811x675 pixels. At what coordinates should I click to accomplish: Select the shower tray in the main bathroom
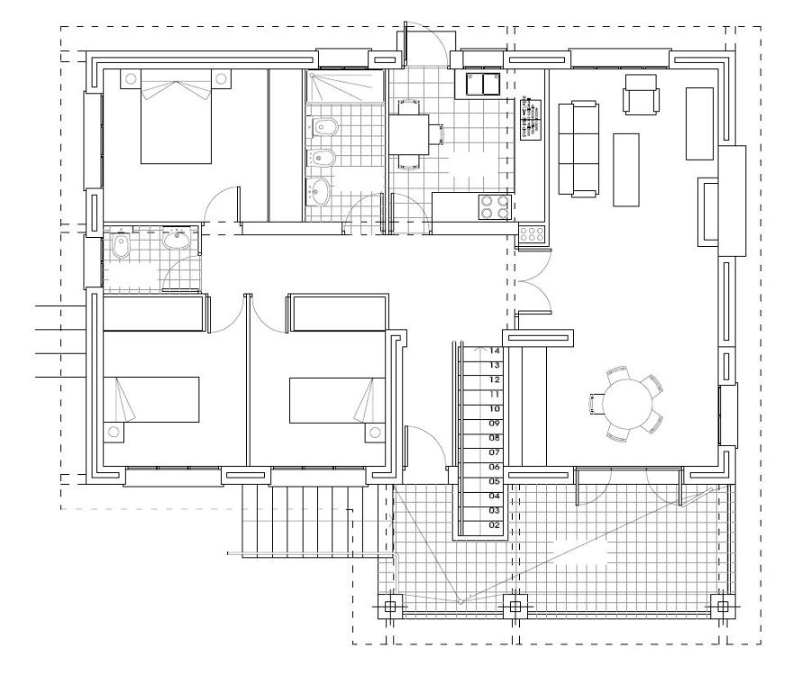coord(346,88)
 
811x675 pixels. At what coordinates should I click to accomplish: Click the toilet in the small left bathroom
coord(121,246)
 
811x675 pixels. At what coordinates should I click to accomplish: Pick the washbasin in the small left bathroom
coord(177,240)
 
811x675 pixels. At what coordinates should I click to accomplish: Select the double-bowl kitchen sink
coord(484,85)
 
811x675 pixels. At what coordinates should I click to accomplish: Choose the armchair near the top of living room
coord(641,94)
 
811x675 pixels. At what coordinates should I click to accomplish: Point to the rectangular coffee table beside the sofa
coord(626,169)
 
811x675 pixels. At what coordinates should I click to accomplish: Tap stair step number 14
coord(495,351)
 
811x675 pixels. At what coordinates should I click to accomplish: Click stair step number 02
coord(495,524)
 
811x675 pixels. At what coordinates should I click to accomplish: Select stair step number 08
coord(495,437)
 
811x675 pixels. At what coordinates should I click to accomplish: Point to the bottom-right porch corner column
coord(721,606)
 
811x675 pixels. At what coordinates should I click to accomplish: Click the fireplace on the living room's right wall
coord(708,212)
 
